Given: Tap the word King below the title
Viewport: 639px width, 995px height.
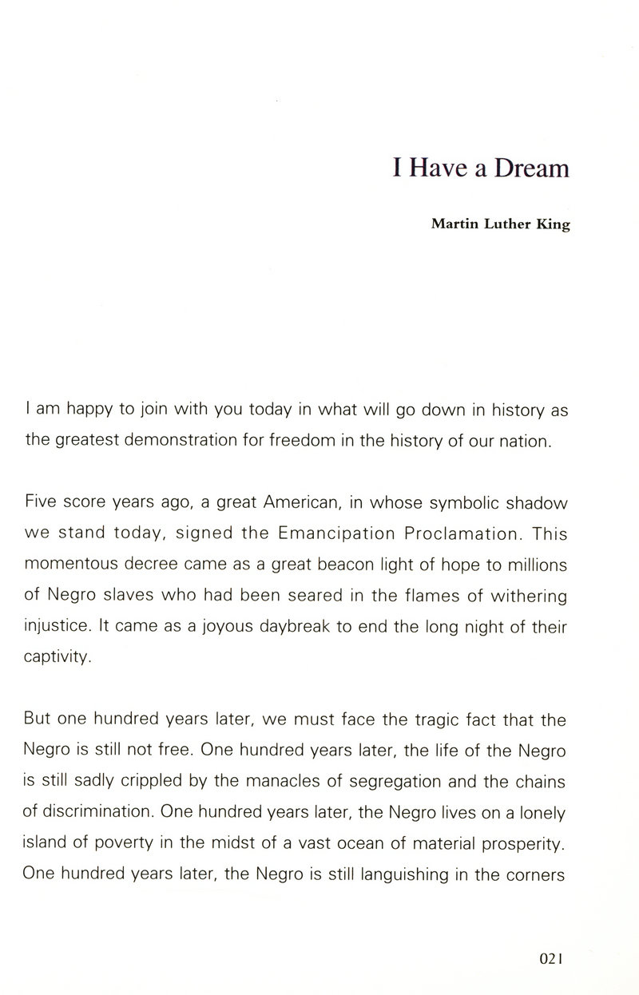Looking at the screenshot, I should pyautogui.click(x=554, y=225).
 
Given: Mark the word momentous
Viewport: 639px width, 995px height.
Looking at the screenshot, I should pyautogui.click(x=73, y=563).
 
